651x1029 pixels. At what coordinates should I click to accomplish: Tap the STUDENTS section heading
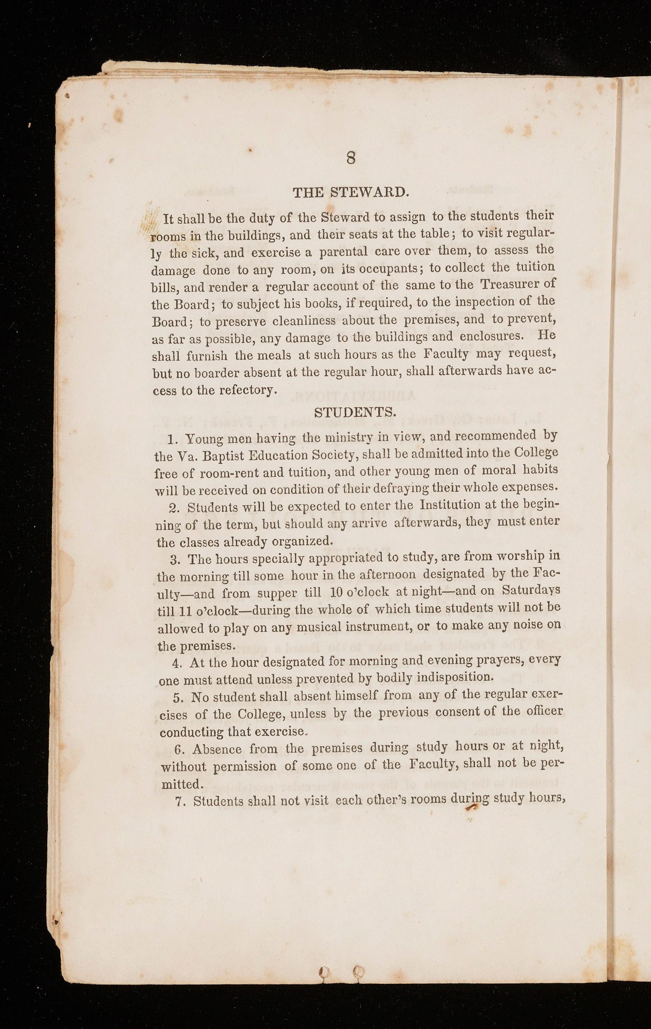[355, 412]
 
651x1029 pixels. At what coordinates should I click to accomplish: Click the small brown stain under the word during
[471, 807]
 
